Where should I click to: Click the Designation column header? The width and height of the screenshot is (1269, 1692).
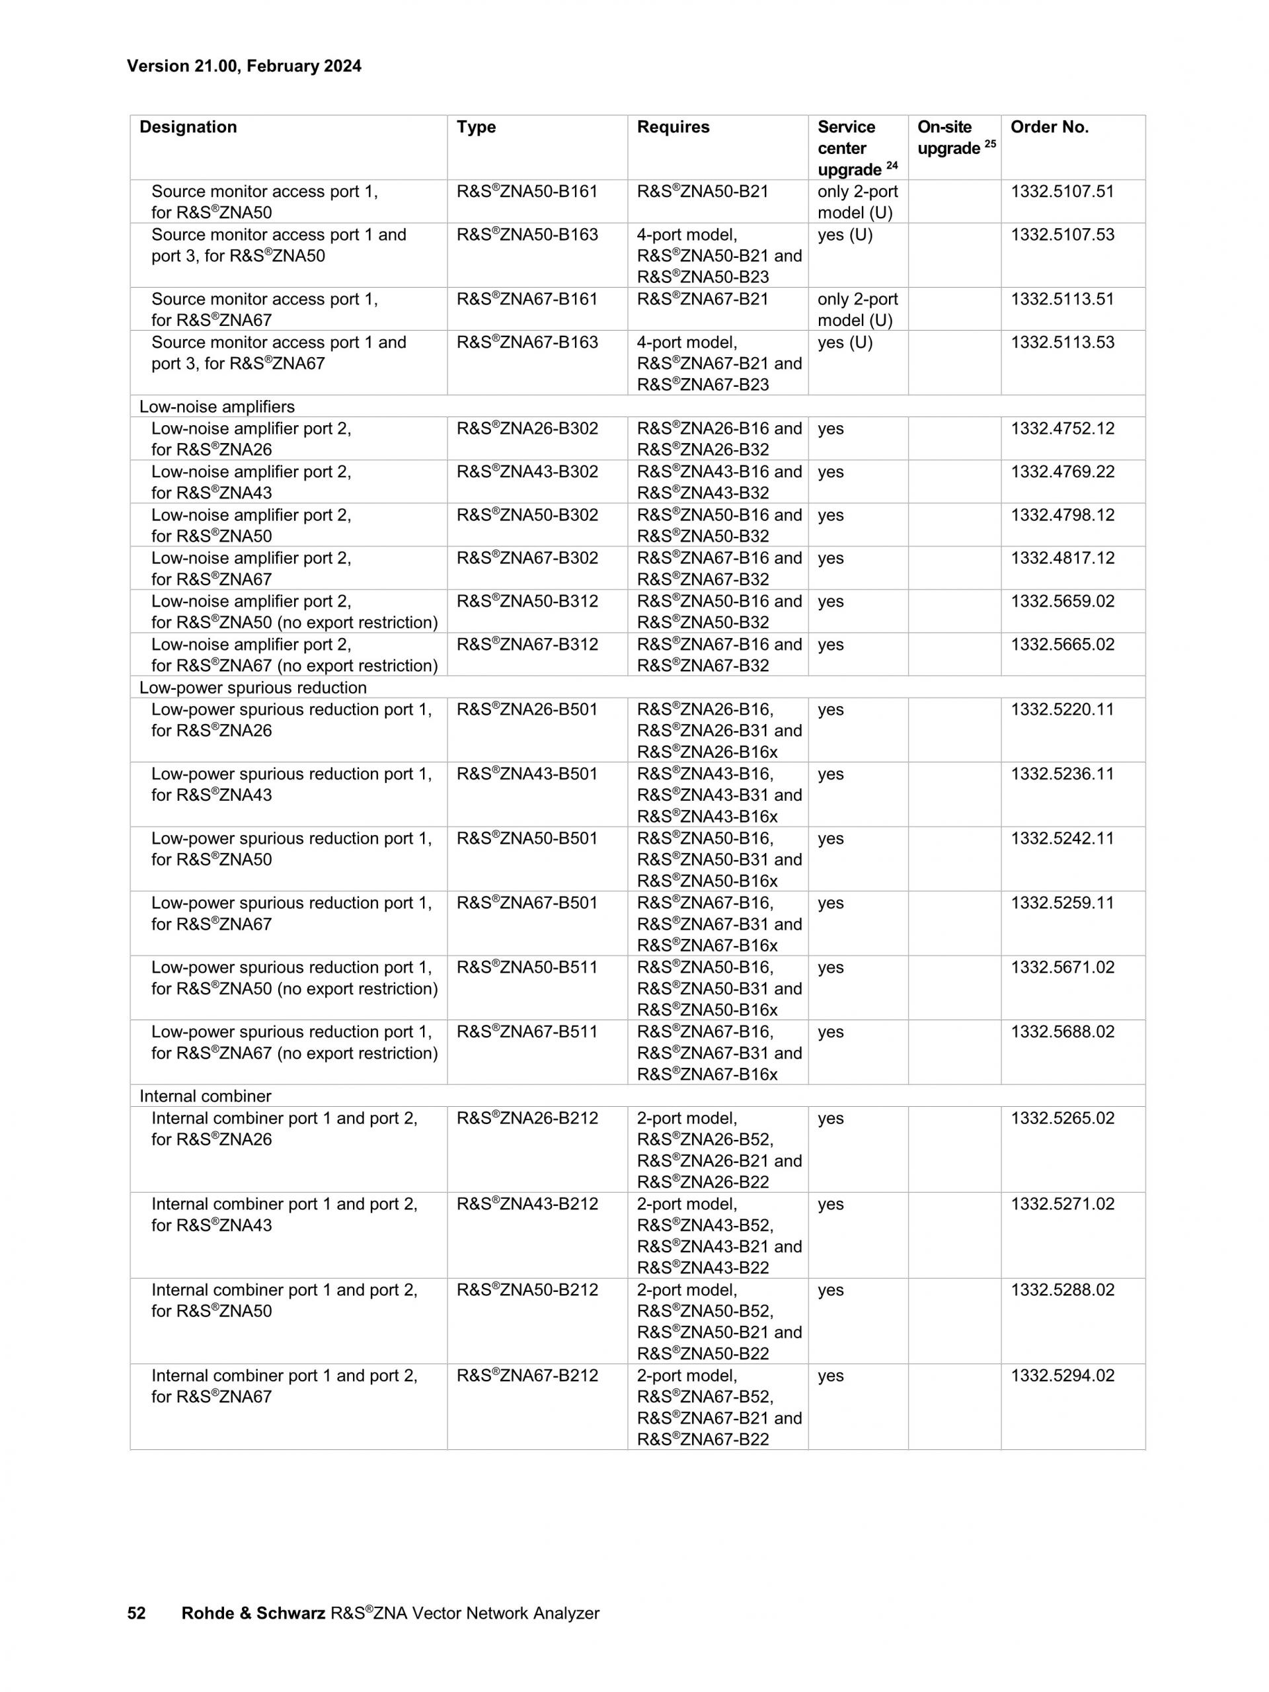click(188, 127)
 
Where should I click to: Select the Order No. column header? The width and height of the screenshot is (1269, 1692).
click(1049, 127)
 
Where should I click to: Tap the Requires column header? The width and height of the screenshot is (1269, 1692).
click(673, 127)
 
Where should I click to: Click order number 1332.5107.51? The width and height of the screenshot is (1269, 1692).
click(1062, 191)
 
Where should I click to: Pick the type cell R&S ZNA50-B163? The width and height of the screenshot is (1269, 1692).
click(527, 235)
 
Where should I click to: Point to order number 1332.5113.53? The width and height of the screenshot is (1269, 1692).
click(1062, 342)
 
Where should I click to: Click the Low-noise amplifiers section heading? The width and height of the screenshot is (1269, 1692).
click(216, 406)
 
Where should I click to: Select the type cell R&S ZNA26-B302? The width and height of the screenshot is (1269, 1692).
click(527, 428)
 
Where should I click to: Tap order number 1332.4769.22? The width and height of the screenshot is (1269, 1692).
click(1062, 471)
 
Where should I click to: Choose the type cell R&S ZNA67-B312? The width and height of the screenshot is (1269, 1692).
click(527, 644)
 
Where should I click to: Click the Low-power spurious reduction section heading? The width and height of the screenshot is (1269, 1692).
click(252, 687)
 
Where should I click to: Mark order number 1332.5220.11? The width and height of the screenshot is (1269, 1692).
click(1062, 709)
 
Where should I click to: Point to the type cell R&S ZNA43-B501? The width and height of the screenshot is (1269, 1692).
click(527, 774)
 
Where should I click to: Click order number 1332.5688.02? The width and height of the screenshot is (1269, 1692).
click(1062, 1031)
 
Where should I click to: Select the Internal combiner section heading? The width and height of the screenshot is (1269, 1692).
click(205, 1096)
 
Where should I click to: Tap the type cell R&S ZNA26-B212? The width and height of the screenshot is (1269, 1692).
click(527, 1117)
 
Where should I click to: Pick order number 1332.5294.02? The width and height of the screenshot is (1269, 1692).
click(1062, 1375)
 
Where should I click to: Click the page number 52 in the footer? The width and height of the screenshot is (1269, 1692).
click(136, 1613)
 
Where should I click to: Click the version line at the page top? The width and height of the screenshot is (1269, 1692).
click(244, 65)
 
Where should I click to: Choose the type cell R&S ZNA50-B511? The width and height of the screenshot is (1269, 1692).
click(527, 967)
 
